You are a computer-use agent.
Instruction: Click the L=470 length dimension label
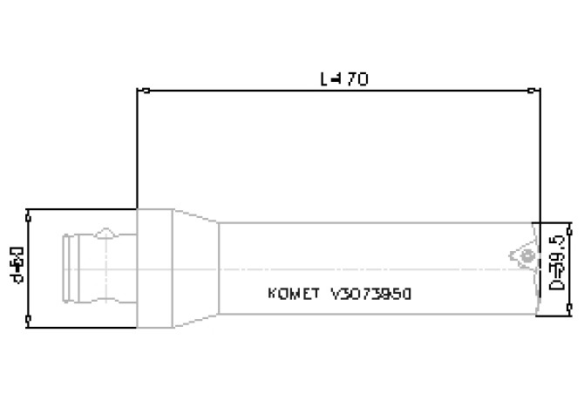[x=344, y=79]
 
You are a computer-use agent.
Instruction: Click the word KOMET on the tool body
[x=295, y=294]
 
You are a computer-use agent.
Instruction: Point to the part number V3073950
[x=371, y=294]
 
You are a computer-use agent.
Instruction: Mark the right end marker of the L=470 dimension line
[x=533, y=89]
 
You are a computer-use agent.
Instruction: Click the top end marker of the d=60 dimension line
[x=30, y=210]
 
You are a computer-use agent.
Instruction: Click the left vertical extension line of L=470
[x=137, y=148]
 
